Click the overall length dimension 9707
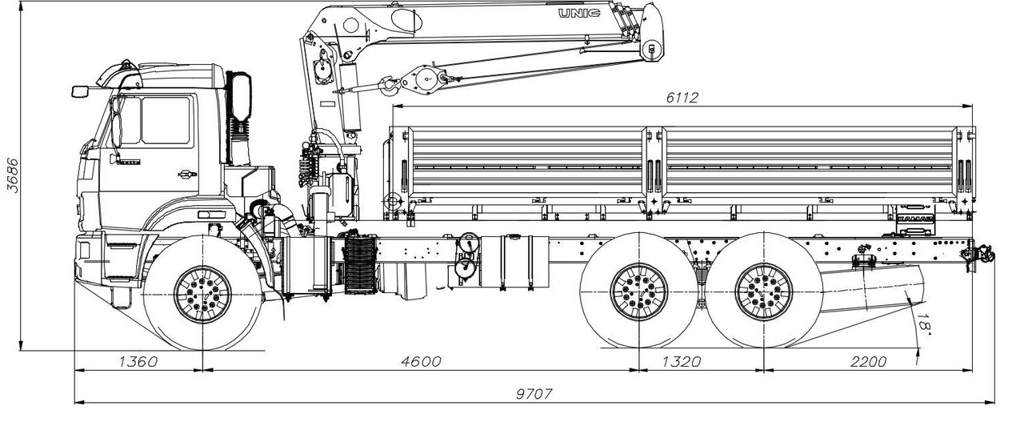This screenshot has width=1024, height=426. pos(534,393)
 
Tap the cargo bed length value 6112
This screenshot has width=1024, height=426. pos(682,98)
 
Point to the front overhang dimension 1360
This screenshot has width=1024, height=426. pos(138,361)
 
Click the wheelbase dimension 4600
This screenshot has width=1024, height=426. pos(422,361)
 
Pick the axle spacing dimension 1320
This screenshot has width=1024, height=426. pos(682,361)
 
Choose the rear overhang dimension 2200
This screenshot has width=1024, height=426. pos(868,361)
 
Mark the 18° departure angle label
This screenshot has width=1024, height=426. pos(922,325)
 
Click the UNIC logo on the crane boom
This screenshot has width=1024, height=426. pos(579,14)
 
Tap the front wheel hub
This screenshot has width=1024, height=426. pos(202,294)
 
